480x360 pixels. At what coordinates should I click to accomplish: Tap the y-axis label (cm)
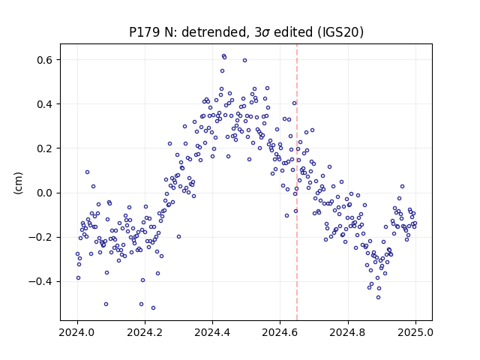coord(18,183)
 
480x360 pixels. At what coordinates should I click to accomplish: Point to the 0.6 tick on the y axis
coord(45,60)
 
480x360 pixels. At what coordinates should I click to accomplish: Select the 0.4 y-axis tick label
coord(45,104)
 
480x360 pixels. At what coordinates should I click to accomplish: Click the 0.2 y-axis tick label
coord(45,148)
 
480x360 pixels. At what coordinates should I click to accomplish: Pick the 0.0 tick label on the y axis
coord(45,193)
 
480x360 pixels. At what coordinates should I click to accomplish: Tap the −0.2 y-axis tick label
coord(40,237)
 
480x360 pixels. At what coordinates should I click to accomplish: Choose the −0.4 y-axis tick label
coord(40,282)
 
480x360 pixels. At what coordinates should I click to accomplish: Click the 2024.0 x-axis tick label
coord(77,332)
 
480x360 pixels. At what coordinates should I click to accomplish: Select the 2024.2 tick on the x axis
coord(145,332)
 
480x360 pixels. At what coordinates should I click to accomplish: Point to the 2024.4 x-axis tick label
coord(212,332)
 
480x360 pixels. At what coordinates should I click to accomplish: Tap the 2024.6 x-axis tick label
coord(280,332)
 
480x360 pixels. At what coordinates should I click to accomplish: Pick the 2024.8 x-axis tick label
coord(348,332)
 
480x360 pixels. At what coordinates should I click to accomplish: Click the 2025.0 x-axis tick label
coord(415,332)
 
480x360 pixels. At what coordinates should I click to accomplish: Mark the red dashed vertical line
coord(297,182)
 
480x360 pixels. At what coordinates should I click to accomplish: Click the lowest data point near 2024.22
coord(153,307)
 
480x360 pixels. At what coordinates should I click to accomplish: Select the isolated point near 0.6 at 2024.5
coord(245,60)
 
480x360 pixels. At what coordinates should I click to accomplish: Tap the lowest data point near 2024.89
coord(378,297)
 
